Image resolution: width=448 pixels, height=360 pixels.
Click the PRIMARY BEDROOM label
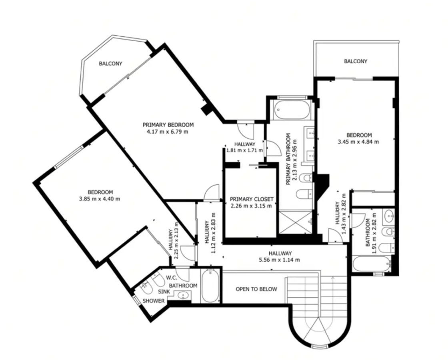[168, 125]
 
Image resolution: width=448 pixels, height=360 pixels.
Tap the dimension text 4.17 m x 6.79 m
[168, 132]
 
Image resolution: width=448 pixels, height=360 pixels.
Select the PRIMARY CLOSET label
[252, 199]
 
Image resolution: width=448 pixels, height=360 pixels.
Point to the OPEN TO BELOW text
[256, 289]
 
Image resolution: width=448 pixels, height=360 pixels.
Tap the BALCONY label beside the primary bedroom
[110, 64]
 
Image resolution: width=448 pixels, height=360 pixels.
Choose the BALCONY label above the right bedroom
[356, 61]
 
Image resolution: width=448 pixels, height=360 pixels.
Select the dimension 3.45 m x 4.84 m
[358, 142]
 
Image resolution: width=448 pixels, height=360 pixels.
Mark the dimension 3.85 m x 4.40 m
[100, 199]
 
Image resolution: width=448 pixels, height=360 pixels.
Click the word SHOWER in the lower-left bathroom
[154, 301]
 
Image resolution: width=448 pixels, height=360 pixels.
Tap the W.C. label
[172, 278]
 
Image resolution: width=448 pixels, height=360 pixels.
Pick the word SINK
[164, 292]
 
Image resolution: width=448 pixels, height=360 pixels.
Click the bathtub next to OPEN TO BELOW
[210, 286]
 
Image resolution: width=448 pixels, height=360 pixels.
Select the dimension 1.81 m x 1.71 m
[244, 150]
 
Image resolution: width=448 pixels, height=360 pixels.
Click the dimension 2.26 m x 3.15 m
[251, 206]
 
